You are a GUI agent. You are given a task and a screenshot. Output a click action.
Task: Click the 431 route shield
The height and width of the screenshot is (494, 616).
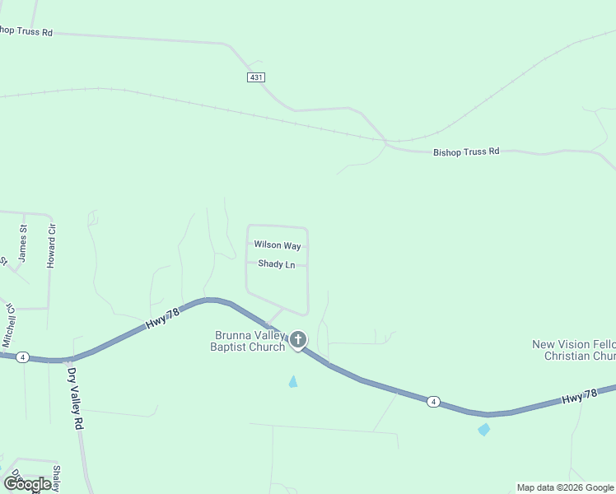255,77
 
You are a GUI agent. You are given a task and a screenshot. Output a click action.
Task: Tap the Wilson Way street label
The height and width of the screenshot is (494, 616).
278,245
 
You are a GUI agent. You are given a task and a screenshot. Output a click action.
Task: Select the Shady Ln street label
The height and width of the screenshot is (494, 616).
277,264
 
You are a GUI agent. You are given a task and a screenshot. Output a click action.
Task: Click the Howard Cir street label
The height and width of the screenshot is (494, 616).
51,246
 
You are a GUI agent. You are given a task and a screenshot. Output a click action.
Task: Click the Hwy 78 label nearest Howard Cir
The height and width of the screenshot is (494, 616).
162,319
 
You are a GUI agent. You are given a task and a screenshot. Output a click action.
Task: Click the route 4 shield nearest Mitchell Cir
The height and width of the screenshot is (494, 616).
22,357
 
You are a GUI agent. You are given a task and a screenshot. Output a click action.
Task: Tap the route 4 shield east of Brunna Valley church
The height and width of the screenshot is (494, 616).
433,402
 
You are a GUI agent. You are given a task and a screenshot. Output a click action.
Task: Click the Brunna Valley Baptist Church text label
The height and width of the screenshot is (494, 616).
250,341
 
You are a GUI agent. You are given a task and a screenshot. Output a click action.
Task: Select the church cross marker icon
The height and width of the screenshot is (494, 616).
298,339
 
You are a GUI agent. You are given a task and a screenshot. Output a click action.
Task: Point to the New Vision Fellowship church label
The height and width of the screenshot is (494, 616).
574,351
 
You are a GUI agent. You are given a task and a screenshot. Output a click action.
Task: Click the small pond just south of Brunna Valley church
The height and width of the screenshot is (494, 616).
293,382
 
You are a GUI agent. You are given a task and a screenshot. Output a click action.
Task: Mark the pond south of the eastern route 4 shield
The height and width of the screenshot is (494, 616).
483,429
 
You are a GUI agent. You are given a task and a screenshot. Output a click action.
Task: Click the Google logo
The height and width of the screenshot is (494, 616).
28,483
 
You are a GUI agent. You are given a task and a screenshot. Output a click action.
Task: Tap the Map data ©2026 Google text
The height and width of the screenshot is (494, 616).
565,487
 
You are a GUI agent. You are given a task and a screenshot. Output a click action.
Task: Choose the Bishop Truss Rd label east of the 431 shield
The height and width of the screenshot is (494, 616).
466,152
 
